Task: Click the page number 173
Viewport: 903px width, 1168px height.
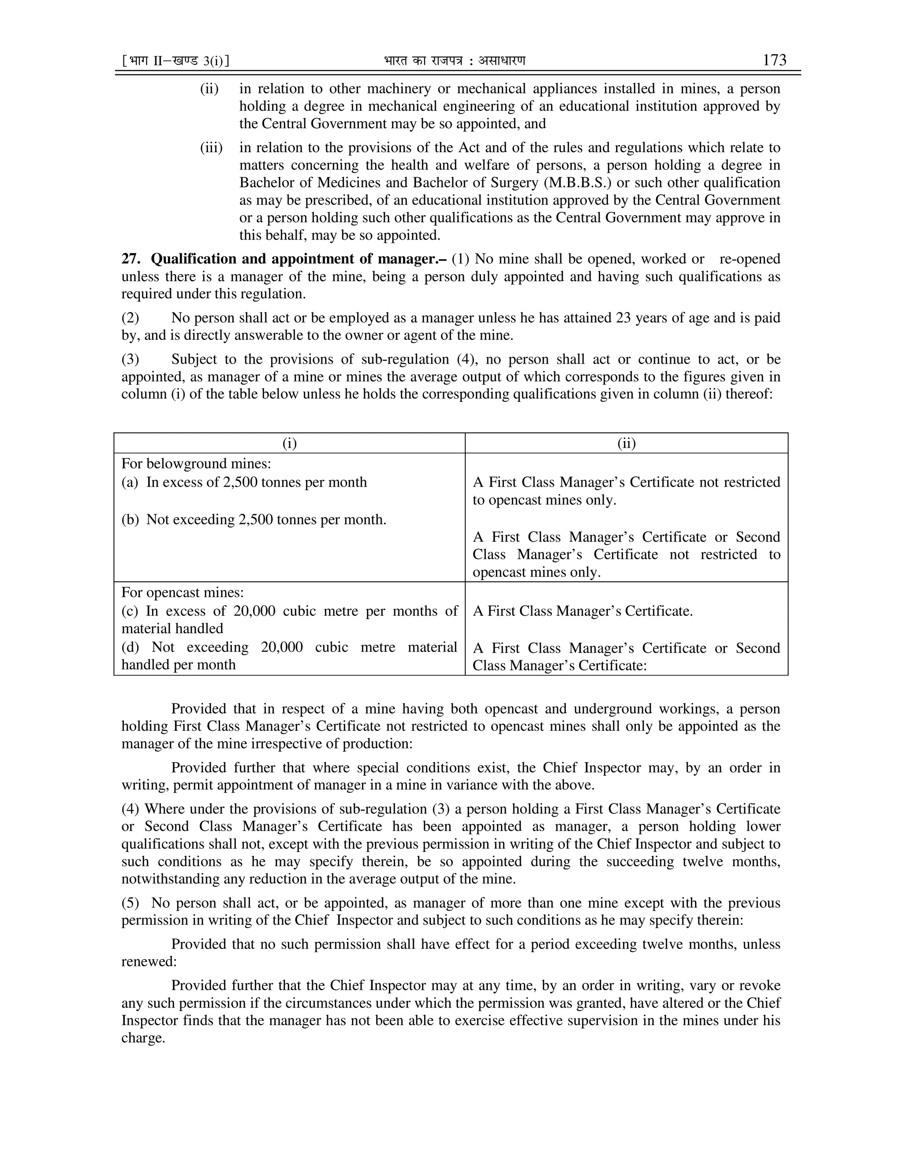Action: point(774,60)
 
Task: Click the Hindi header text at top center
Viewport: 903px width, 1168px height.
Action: point(454,61)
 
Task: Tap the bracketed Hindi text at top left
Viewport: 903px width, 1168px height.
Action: point(175,61)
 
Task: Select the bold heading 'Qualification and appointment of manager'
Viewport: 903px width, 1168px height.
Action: point(299,259)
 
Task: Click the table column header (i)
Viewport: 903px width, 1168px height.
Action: point(289,443)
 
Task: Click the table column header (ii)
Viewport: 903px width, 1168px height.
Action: point(627,443)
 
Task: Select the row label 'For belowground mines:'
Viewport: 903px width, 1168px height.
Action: point(196,463)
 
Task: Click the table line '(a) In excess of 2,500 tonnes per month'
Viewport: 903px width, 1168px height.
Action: point(244,482)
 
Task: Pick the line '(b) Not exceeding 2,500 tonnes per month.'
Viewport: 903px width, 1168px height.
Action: point(254,519)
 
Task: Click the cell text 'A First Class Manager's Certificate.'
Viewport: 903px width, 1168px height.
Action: point(582,611)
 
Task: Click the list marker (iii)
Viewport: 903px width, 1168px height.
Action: point(211,147)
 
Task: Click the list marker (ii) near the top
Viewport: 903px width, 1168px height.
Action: point(209,88)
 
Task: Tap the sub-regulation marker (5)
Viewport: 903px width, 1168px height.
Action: point(130,903)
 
